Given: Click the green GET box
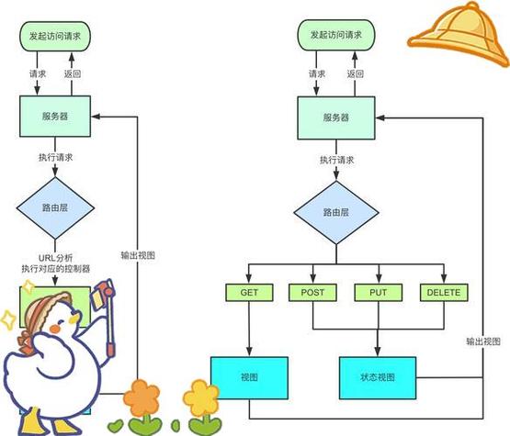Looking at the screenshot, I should (246, 293).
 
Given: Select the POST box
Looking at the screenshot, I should (312, 293).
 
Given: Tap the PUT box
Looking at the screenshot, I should (379, 293).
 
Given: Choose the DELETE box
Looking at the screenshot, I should (444, 293).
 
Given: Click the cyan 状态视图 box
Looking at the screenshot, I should (379, 376).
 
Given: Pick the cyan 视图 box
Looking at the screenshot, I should (249, 376).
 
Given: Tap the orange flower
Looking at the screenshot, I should (143, 399).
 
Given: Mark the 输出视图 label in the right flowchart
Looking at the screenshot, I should (484, 341).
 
